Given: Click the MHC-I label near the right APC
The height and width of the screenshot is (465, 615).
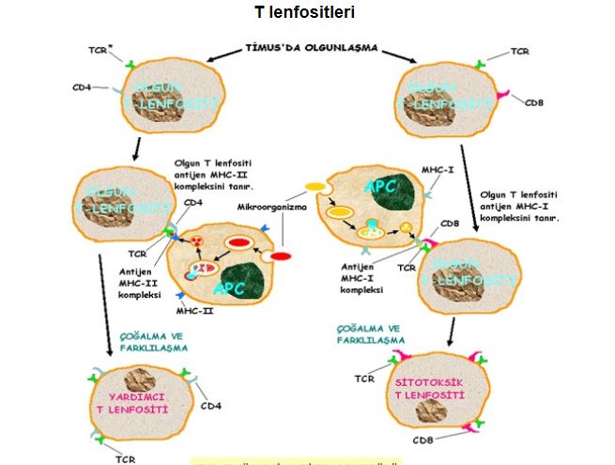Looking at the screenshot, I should pyautogui.click(x=435, y=171).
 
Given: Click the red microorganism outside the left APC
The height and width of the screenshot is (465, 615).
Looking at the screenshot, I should pyautogui.click(x=281, y=256).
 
